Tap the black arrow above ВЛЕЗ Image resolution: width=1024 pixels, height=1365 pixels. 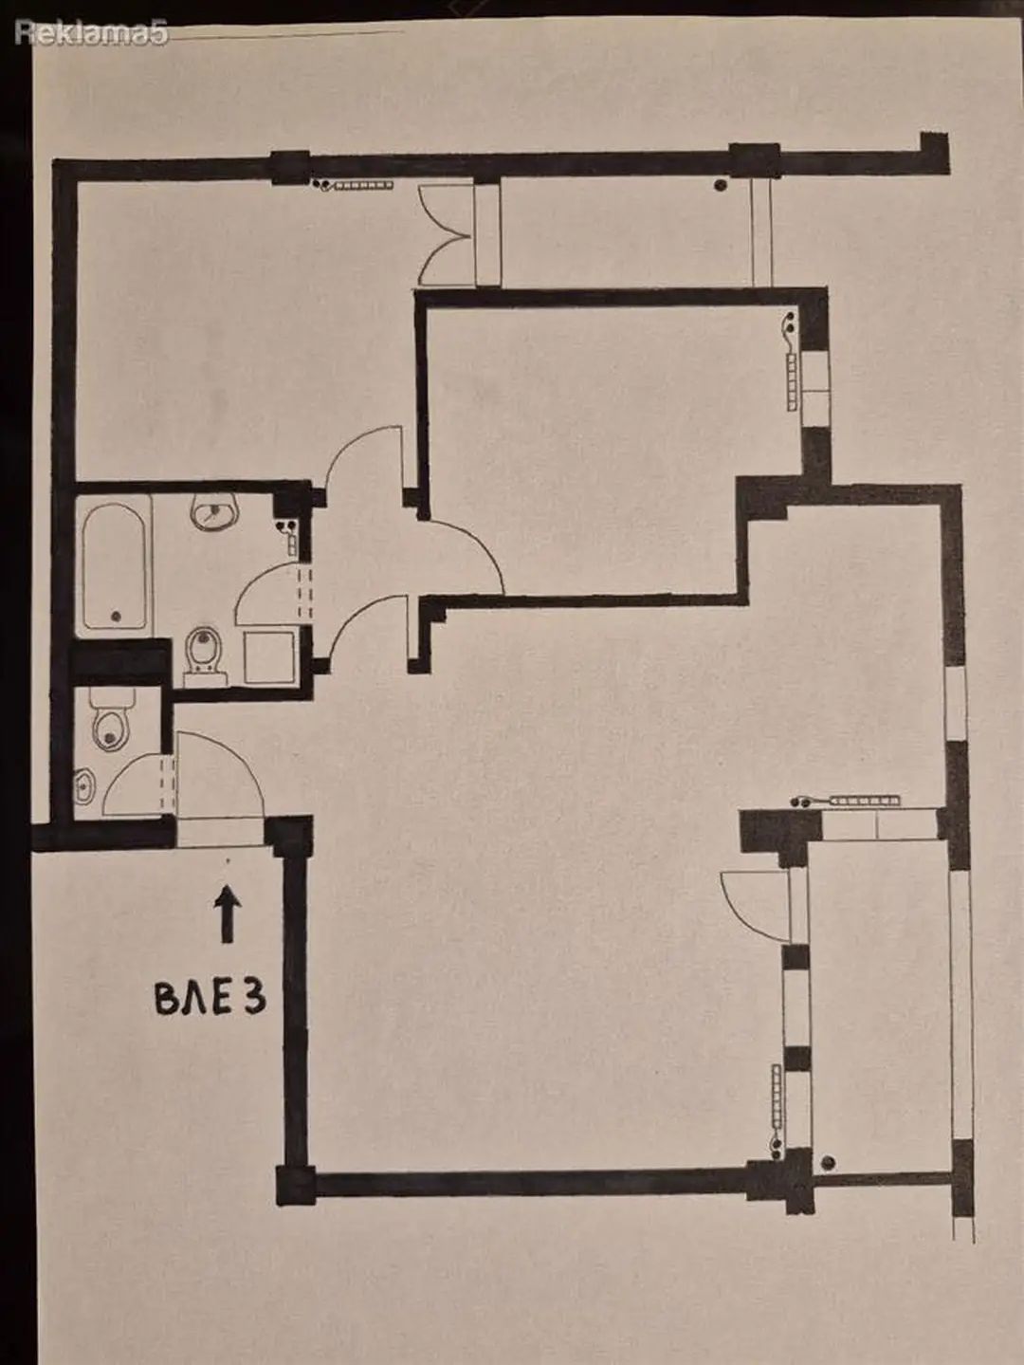(x=228, y=913)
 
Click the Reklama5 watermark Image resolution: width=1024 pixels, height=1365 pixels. (x=92, y=33)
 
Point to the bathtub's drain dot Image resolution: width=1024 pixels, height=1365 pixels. (x=116, y=616)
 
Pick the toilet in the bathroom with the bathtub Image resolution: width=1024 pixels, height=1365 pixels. (x=205, y=655)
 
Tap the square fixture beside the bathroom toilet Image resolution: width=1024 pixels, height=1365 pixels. (x=267, y=657)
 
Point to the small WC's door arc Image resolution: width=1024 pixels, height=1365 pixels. (x=127, y=773)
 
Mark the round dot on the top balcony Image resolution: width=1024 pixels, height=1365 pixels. (x=721, y=184)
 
